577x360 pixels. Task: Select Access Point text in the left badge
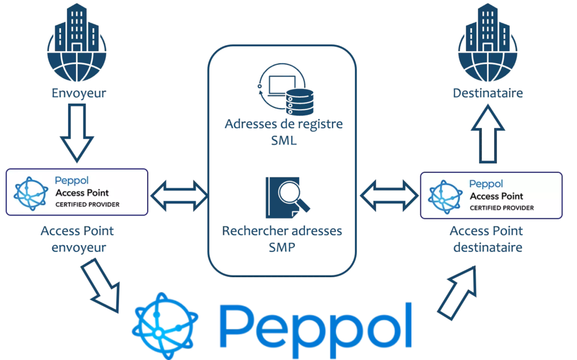click(x=82, y=193)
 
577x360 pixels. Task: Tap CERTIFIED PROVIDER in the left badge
click(x=87, y=204)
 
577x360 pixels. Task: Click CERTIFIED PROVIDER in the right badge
click(x=502, y=208)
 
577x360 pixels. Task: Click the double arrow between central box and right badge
click(x=389, y=195)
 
